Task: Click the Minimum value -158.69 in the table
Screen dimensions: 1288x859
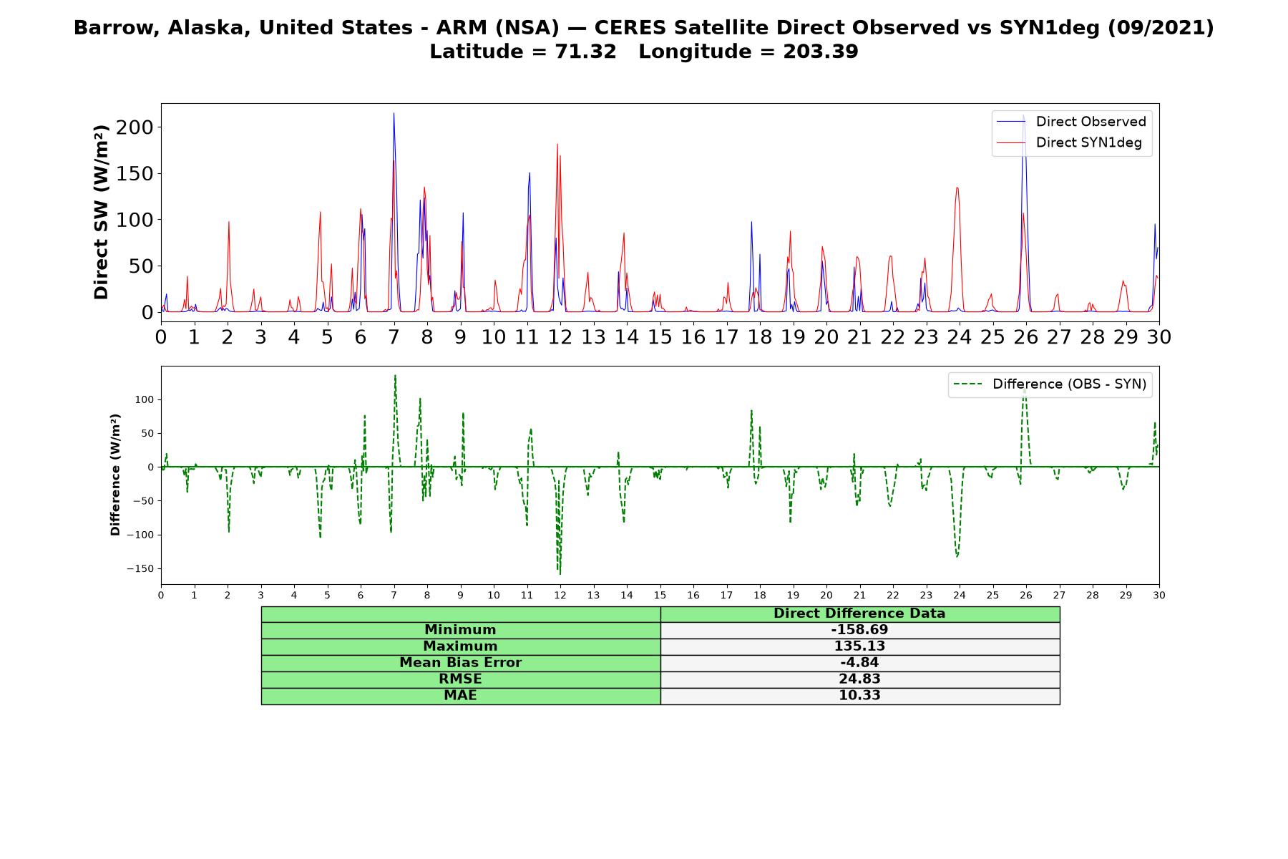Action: (859, 630)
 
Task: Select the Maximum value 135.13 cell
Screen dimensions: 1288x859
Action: (859, 646)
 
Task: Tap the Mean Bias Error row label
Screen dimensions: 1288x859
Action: (460, 663)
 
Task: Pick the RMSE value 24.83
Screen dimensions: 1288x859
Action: (859, 679)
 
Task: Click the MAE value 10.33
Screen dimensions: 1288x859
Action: (859, 696)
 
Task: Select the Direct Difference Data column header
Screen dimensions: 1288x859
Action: (859, 613)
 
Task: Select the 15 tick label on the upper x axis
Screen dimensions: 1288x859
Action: (660, 337)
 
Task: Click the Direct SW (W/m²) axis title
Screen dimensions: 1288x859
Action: (102, 212)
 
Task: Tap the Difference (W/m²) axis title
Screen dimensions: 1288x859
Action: (115, 475)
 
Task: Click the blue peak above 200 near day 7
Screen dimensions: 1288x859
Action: (394, 113)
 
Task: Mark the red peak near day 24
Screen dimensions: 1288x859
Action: (957, 188)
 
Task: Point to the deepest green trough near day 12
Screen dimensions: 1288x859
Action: (560, 573)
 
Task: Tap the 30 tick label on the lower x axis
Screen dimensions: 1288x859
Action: (1159, 596)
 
